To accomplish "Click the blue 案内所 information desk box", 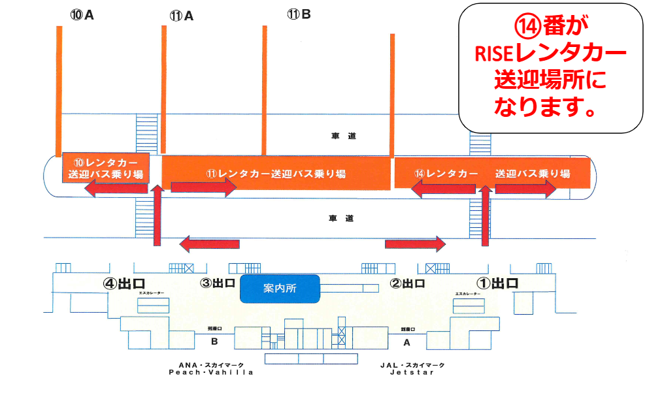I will pos(280,289).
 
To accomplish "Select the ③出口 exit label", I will pos(218,284).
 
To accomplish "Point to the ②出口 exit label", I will pos(408,283).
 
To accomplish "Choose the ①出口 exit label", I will pos(496,283).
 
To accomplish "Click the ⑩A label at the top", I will pos(82,14).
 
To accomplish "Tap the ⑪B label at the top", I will pos(299,14).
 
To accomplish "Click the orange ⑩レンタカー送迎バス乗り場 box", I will pos(106,168).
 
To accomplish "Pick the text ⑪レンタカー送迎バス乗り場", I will pos(276,174).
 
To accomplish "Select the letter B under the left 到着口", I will pos(214,341).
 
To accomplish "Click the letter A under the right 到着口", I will pos(407,341).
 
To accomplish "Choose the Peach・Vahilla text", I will pos(210,372).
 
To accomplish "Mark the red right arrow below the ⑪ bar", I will pos(203,187).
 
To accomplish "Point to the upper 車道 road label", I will pos(343,136).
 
